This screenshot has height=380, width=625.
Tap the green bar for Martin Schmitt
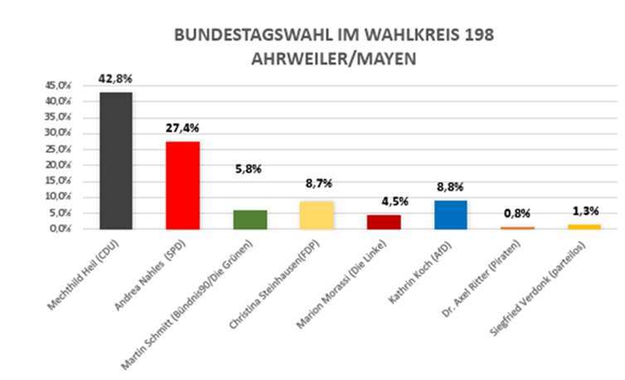(250, 219)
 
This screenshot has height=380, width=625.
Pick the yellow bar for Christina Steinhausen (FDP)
(317, 215)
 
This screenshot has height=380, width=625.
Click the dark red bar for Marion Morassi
(384, 222)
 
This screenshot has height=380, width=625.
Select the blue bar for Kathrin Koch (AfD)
(451, 215)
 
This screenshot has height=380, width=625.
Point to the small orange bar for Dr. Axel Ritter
(518, 227)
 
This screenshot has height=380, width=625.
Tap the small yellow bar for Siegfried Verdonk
(585, 227)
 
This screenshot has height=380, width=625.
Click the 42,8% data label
(115, 79)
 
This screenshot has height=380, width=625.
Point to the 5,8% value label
(250, 168)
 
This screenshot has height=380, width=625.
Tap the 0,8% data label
(518, 213)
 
